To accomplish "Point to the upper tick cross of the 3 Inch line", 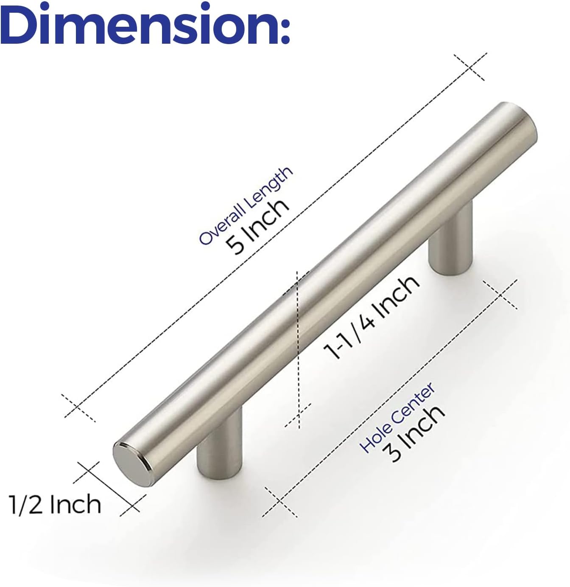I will [500, 294].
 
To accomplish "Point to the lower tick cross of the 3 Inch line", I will [279, 502].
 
